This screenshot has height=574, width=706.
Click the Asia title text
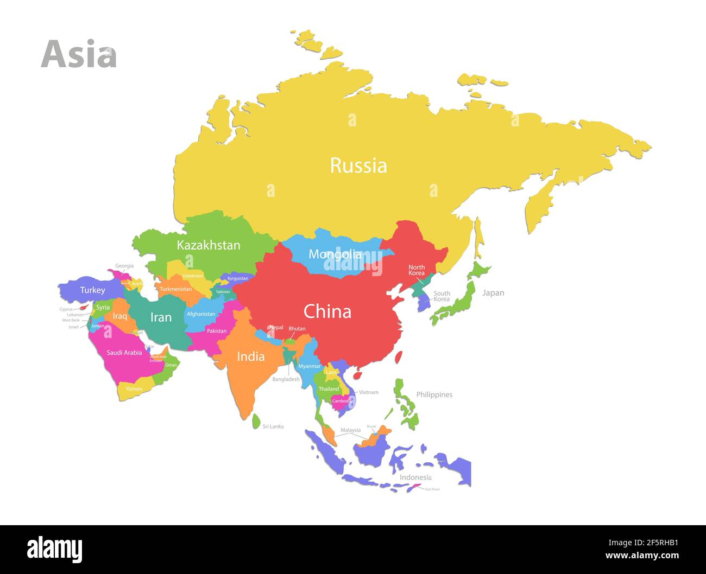79,54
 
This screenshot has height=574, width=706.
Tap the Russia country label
358,165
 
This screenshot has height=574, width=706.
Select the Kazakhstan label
209,245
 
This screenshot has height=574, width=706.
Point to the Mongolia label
335,254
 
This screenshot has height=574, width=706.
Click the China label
327,311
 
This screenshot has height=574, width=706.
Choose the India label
251,356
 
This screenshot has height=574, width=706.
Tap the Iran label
161,317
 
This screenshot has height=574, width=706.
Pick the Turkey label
92,290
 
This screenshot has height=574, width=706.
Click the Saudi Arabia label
124,353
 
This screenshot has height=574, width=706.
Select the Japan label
493,293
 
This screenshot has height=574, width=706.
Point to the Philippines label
434,394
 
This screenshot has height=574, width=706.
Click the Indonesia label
415,477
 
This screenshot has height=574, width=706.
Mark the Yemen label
134,389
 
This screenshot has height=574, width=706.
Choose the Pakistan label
217,331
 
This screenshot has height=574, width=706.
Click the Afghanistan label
201,314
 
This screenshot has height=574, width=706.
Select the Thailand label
329,389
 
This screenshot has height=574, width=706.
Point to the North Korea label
417,270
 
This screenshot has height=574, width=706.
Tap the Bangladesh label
286,379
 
